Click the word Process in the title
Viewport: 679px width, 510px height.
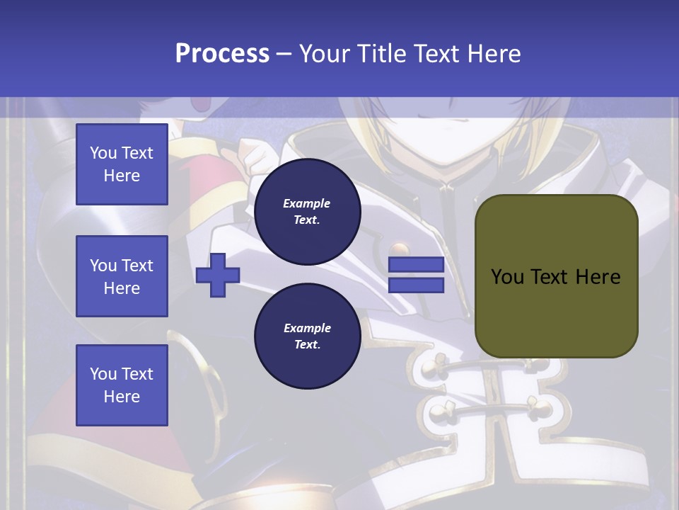click(x=222, y=53)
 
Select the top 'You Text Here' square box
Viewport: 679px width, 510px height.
click(x=122, y=164)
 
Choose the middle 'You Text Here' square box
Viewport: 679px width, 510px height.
click(x=122, y=276)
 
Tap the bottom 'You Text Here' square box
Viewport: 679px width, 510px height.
click(x=122, y=385)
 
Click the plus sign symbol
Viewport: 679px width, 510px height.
click(x=218, y=274)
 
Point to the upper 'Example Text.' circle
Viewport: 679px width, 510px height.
click(x=307, y=211)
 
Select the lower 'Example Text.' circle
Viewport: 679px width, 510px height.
click(x=307, y=336)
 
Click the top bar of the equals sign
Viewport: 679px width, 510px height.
click(x=416, y=265)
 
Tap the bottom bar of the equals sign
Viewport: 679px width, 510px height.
click(x=416, y=285)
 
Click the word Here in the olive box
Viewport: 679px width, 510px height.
click(x=598, y=277)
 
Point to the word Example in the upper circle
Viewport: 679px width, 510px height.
click(x=307, y=203)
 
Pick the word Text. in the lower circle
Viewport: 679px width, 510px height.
click(x=307, y=345)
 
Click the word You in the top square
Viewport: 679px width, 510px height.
click(x=103, y=153)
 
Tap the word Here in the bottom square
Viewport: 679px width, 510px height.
click(x=122, y=397)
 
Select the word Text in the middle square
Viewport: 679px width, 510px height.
click(x=138, y=266)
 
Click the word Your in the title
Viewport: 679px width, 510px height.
click(x=326, y=53)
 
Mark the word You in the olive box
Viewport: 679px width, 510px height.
click(x=507, y=277)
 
